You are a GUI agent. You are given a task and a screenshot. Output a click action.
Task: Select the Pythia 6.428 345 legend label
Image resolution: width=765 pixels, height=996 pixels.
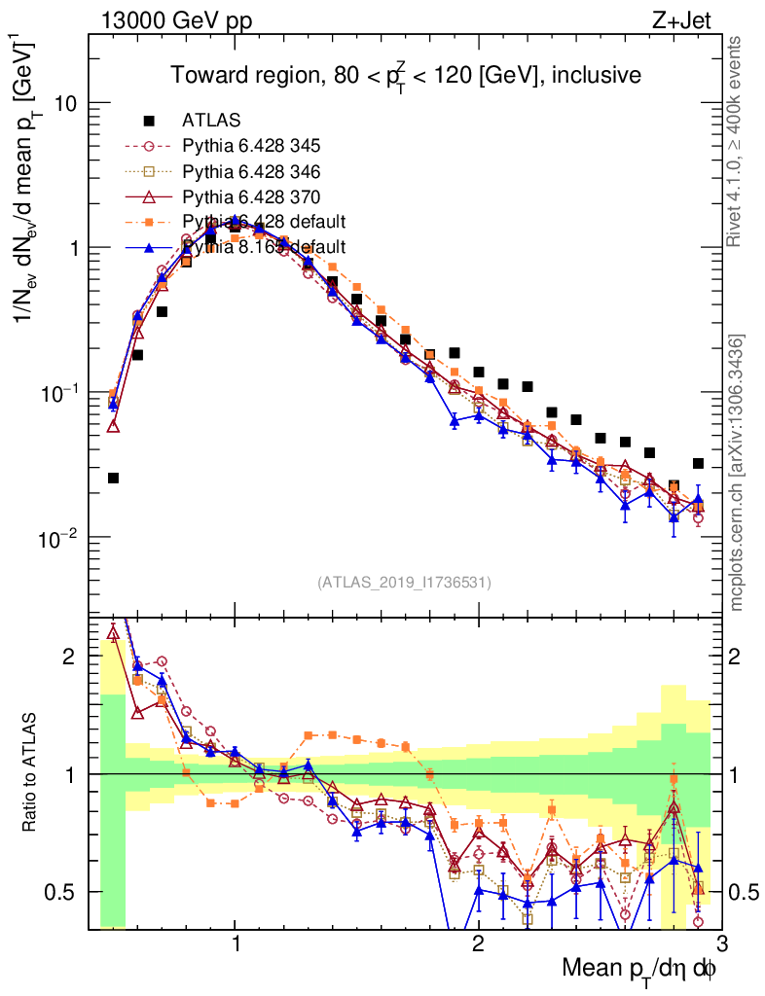[250, 146]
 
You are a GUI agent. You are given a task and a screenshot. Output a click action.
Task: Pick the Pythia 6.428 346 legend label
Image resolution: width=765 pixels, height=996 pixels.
[250, 171]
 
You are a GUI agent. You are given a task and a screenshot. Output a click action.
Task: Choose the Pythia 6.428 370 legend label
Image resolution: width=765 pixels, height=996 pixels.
[250, 196]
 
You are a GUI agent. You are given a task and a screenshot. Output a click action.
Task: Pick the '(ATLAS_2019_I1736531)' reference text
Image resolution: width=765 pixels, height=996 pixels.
[404, 583]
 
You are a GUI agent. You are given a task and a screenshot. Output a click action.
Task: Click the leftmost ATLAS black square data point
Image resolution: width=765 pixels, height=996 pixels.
[114, 478]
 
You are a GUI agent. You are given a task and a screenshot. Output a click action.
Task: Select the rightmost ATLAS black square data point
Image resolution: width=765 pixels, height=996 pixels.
[698, 464]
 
